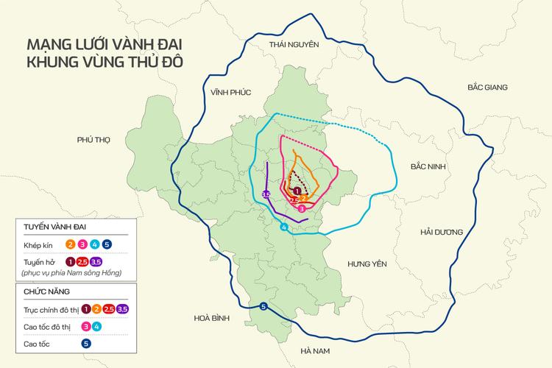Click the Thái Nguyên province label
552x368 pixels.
point(294,45)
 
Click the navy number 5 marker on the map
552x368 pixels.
point(264,307)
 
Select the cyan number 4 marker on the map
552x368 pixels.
point(284,227)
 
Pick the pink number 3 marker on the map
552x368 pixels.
point(302,209)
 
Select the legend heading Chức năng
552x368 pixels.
point(44,291)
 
